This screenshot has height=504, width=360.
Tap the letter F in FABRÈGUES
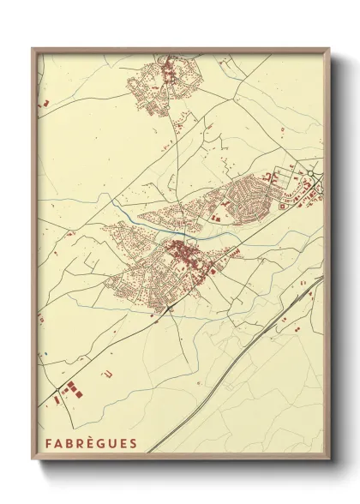(45, 445)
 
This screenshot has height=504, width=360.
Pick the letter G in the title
(100, 445)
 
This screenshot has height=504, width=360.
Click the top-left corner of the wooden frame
(33, 49)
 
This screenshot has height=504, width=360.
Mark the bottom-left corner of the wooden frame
(33, 460)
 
